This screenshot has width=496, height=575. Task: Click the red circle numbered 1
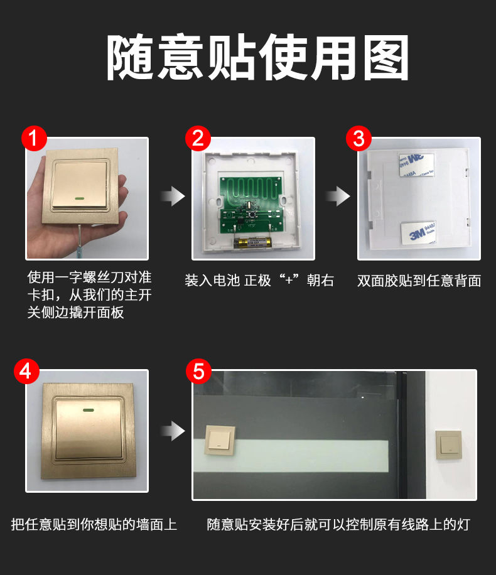[x=34, y=138]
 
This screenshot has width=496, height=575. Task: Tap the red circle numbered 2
[x=198, y=138]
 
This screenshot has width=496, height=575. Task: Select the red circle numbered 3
[x=359, y=138]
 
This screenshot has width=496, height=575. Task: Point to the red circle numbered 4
[x=26, y=371]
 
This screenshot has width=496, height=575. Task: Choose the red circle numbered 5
[x=198, y=371]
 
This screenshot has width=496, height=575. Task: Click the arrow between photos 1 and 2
[x=173, y=196]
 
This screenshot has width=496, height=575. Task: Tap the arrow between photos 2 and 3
[x=338, y=196]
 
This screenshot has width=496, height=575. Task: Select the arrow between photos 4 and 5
[x=173, y=431]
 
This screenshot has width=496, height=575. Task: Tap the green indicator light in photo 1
[x=80, y=199]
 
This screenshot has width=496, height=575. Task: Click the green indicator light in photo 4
[x=88, y=410]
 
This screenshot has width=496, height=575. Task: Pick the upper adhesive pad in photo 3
[x=417, y=164]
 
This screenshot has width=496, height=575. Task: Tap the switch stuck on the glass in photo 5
[x=220, y=440]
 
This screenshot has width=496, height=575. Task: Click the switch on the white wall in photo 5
[x=448, y=446]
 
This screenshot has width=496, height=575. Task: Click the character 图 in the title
[x=387, y=58]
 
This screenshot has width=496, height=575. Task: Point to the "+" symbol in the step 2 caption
[x=289, y=281]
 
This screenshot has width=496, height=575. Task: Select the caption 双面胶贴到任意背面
[x=419, y=281]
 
